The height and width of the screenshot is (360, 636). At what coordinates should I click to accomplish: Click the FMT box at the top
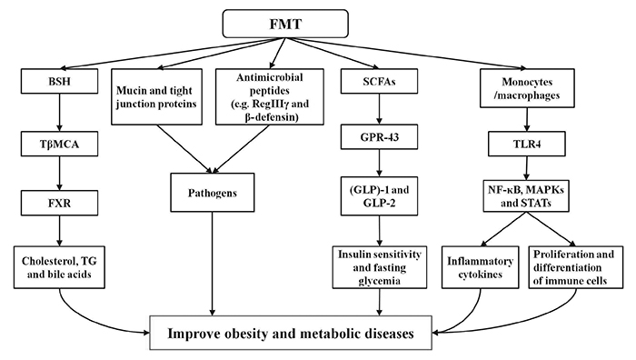[x=285, y=24]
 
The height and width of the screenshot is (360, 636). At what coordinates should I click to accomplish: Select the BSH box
[x=59, y=81]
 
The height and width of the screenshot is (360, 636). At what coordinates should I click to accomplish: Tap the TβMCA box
[x=59, y=144]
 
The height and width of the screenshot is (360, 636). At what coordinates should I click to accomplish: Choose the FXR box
[x=59, y=203]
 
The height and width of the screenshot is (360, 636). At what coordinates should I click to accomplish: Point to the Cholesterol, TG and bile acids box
[x=59, y=267]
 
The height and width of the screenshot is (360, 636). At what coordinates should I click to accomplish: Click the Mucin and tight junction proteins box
[x=156, y=96]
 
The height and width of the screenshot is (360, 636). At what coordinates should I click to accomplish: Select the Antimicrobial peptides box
[x=270, y=96]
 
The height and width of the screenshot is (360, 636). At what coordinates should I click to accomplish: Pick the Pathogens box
[x=213, y=193]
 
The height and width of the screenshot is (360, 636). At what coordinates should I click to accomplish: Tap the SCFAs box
[x=379, y=81]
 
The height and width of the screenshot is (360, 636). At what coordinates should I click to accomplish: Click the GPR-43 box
[x=379, y=137]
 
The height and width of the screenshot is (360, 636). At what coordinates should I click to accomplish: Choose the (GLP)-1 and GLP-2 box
[x=379, y=196]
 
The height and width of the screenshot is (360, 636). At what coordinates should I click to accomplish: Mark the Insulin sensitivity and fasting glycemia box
[x=380, y=267]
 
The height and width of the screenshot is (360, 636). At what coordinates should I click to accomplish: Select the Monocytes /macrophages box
[x=527, y=88]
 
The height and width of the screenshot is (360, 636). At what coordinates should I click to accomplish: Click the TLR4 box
[x=527, y=144]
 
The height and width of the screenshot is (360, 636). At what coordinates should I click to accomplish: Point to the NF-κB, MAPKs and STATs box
[x=526, y=196]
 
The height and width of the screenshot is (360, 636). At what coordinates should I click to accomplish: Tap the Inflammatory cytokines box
[x=481, y=267]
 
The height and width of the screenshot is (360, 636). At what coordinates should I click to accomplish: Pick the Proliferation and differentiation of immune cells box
[x=576, y=267]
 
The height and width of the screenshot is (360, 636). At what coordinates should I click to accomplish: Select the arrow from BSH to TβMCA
[x=60, y=113]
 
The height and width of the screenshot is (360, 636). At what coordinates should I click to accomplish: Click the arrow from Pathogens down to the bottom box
[x=212, y=264]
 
